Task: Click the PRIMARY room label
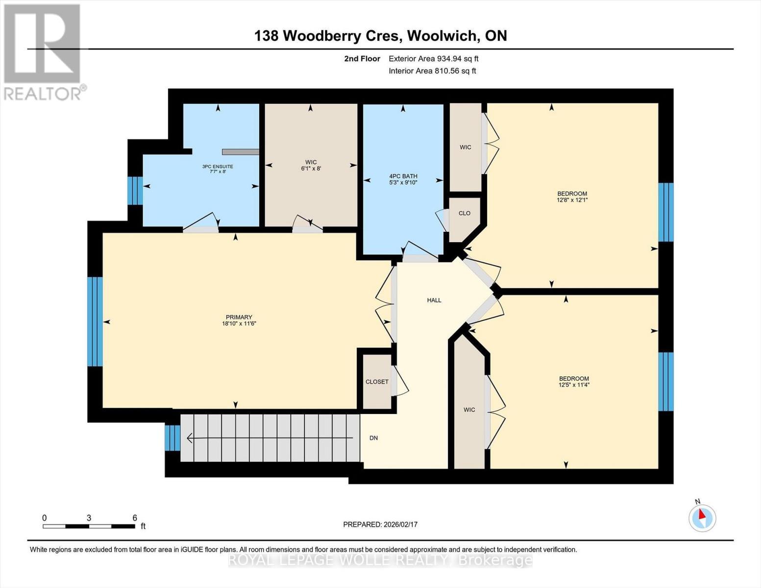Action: tap(239, 317)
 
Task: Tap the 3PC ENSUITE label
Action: tap(218, 167)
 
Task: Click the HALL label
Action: tap(434, 300)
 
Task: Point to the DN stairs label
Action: tap(373, 438)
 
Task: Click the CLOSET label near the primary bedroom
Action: tap(377, 382)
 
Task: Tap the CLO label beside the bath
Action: tap(464, 213)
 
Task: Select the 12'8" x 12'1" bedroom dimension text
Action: tap(572, 200)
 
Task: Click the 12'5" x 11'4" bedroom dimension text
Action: tap(574, 385)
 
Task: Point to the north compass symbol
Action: tap(702, 517)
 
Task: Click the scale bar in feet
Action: tap(89, 526)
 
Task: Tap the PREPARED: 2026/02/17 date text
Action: tap(380, 524)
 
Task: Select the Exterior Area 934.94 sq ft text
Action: tap(433, 59)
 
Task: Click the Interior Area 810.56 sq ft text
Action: tap(432, 71)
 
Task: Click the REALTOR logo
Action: tap(43, 51)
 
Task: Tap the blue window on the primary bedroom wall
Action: tap(95, 321)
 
